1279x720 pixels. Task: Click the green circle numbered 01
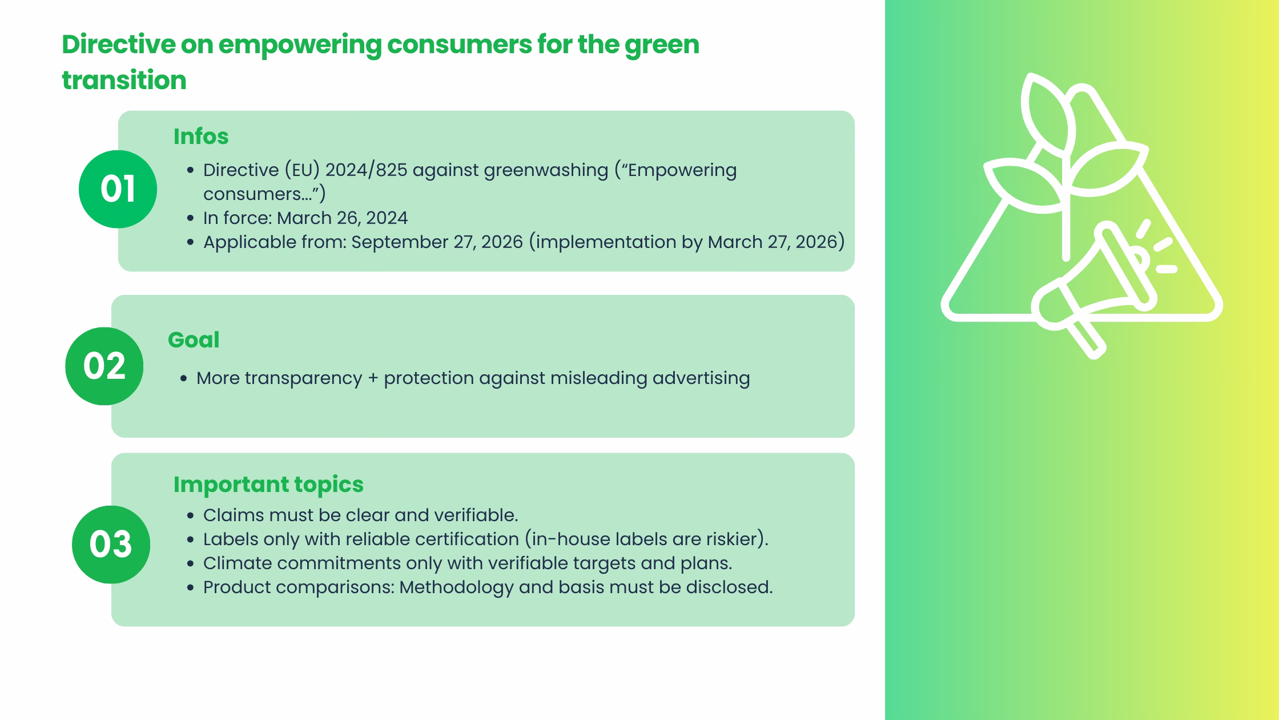[x=118, y=189]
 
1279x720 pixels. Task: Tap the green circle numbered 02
[x=104, y=366]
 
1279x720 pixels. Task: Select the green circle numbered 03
[x=111, y=544]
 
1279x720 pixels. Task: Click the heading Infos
[x=201, y=137]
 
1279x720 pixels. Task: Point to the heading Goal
[x=194, y=340]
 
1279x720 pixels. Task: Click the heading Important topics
[x=268, y=485]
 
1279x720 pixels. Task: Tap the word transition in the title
[x=124, y=81]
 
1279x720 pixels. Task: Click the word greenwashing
[x=546, y=170]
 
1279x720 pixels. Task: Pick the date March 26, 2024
[x=343, y=218]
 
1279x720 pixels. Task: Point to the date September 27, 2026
[x=437, y=242]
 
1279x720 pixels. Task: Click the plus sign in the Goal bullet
[x=373, y=378]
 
